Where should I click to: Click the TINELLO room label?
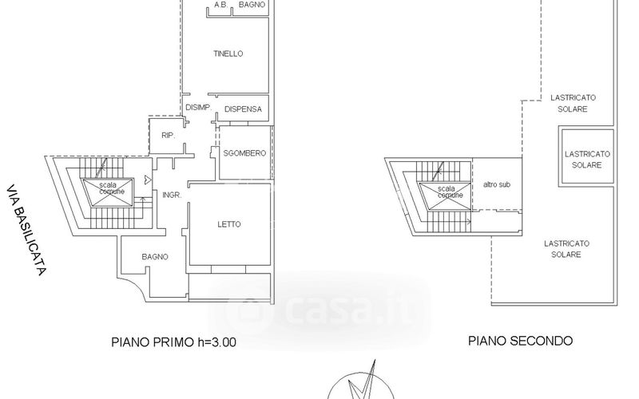(228, 53)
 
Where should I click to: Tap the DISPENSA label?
(244, 109)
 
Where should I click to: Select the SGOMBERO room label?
(244, 153)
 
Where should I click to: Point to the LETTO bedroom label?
(229, 224)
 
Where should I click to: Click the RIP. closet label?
(169, 136)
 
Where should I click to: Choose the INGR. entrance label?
(172, 196)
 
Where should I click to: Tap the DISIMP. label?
(198, 108)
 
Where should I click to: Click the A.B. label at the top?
(221, 5)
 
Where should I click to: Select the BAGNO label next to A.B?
(252, 5)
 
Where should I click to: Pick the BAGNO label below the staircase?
(155, 257)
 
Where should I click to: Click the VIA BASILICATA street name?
(26, 231)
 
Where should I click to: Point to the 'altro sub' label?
(497, 184)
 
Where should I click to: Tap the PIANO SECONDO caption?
(521, 341)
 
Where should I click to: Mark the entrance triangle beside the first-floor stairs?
(148, 179)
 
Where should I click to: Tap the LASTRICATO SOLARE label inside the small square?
(587, 160)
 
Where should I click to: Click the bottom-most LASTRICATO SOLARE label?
(566, 249)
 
